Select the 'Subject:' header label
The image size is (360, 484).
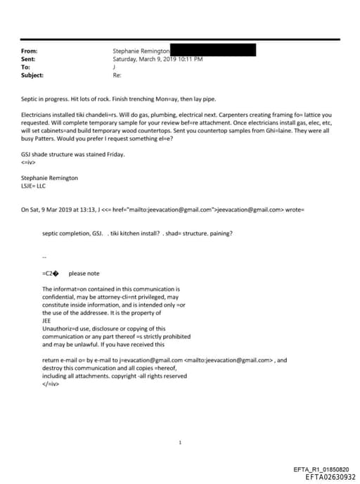(32, 75)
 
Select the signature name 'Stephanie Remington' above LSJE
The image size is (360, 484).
(49, 177)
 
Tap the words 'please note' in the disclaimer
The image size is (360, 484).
(84, 274)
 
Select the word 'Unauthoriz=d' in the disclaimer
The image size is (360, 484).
(61, 329)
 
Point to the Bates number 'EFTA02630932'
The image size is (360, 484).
(326, 476)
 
